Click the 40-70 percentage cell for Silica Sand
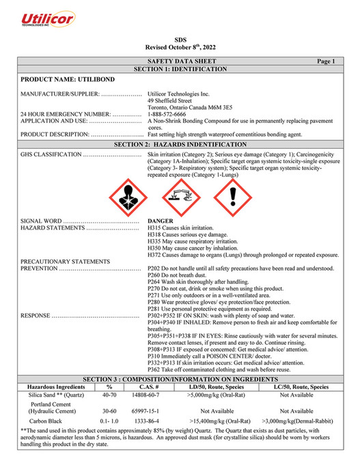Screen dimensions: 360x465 tap(109, 394)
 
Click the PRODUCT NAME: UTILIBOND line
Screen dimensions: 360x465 tap(65, 81)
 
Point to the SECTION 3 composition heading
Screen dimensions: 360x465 tap(180, 378)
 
